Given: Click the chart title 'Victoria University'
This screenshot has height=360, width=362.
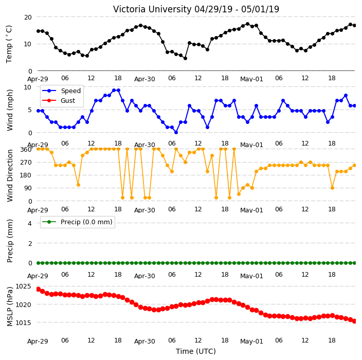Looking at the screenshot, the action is point(152,9).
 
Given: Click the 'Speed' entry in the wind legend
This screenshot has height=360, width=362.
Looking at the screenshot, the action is point(70,91).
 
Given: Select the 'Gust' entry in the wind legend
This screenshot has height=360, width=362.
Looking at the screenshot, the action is point(68,100).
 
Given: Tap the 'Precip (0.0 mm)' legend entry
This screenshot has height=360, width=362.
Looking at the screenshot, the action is point(86,222).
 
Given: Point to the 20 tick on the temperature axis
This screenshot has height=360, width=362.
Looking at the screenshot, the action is point(28,17).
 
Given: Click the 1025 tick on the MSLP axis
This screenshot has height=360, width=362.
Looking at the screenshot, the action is point(23,286).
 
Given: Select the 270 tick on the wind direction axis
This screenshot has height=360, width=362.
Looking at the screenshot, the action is point(26,163).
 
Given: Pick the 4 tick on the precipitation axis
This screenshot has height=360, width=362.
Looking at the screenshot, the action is point(30,223).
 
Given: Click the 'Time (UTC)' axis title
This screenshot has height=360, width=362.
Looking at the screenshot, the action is point(196,351).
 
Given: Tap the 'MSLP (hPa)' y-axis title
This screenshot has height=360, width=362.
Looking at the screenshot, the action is point(10,307).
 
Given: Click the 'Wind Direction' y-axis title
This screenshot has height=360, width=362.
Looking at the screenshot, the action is point(10,176).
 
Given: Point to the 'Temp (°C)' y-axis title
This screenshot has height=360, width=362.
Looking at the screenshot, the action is point(9,44).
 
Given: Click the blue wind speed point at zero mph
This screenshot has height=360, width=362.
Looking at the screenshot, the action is point(176,132).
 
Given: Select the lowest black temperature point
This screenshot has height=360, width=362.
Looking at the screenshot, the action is point(185,59).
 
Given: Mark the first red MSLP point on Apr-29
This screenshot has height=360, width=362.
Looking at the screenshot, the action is point(39,290).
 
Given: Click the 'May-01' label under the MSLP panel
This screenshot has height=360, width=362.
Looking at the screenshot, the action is point(251,341).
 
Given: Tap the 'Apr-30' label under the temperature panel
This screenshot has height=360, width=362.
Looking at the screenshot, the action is point(144,79).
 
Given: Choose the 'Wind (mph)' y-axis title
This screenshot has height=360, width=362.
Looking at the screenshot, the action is point(10,110).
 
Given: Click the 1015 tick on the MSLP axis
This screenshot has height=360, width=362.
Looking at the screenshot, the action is point(23,322).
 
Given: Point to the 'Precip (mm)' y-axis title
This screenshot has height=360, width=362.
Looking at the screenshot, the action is point(10,241).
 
